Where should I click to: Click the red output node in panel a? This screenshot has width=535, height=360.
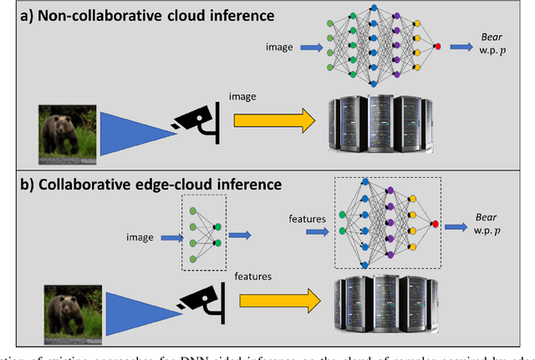pos(438,47)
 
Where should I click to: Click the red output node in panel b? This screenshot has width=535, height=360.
pos(435,224)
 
